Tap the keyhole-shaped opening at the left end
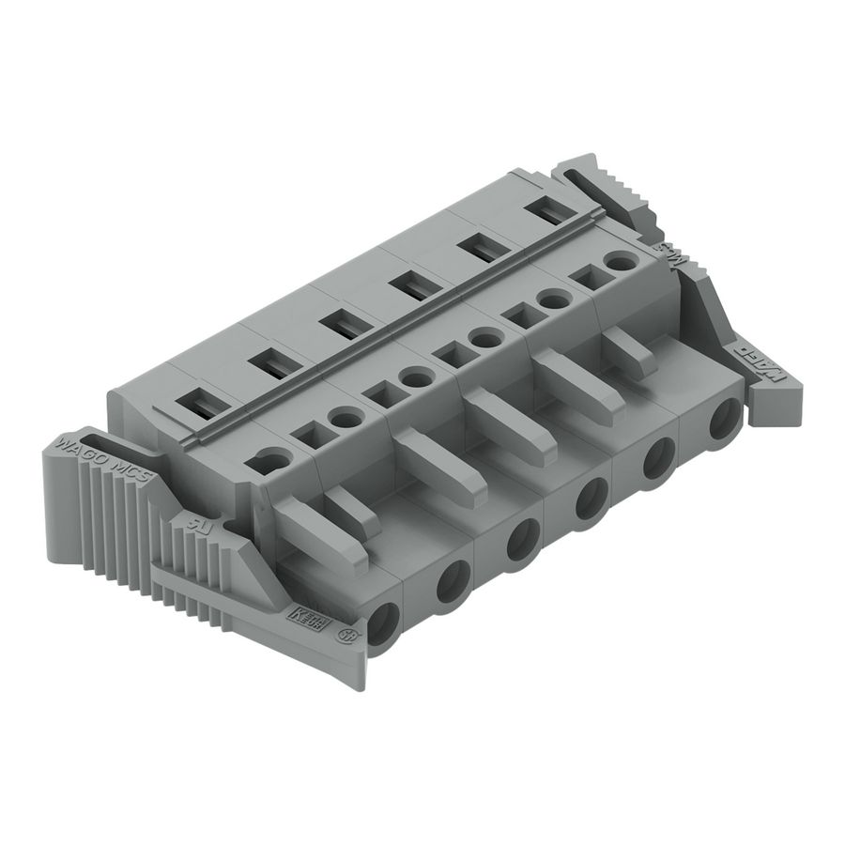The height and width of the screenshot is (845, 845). point(272,460)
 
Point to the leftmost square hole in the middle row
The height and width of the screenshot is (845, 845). point(305,435)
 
